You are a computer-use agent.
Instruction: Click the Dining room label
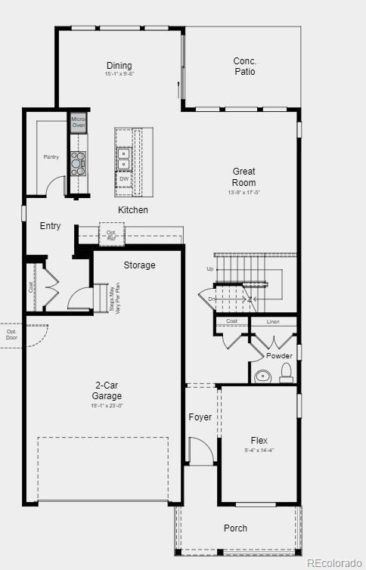(119, 67)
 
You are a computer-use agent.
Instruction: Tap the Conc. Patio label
(244, 67)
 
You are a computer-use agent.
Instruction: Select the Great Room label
(243, 177)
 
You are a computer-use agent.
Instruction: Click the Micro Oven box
(79, 122)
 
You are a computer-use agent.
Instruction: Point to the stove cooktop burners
(78, 163)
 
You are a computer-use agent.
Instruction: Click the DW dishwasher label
(123, 179)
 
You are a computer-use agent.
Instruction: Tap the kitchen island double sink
(123, 156)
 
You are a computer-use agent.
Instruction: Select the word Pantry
(51, 157)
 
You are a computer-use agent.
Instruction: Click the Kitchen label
(133, 209)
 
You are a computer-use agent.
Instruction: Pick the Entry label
(51, 226)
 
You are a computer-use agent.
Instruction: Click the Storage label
(140, 265)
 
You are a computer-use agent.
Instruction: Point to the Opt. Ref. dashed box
(112, 234)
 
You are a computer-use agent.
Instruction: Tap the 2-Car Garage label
(107, 391)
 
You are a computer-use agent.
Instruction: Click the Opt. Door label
(12, 333)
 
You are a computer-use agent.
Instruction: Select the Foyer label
(200, 417)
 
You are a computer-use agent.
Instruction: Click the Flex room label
(259, 441)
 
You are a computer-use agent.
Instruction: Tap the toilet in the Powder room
(286, 372)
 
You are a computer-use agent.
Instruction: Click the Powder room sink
(263, 375)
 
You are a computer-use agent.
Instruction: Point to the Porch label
(235, 528)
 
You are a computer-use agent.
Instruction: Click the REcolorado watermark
(333, 562)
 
